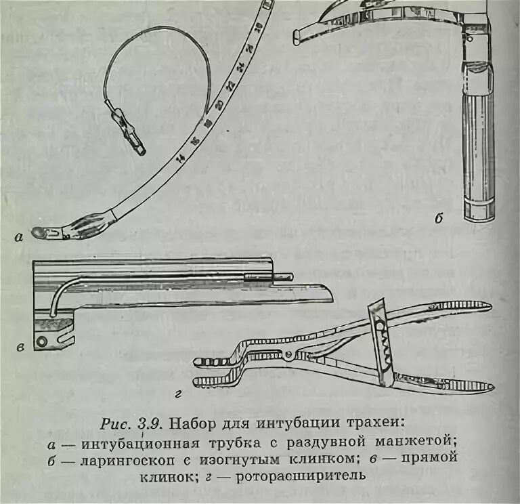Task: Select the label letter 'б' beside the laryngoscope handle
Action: [x=438, y=217]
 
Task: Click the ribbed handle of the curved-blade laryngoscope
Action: [x=479, y=156]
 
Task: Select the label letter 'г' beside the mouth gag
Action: [x=178, y=392]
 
